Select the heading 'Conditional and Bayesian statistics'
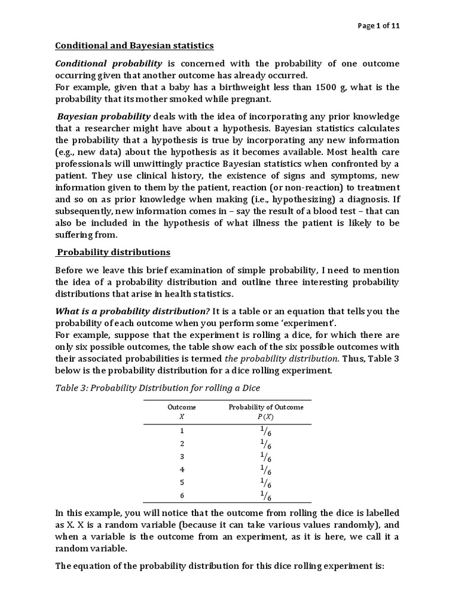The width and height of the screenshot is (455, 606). click(134, 46)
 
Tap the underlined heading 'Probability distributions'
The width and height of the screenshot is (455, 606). click(113, 252)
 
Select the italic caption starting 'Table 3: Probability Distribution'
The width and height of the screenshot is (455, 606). click(158, 388)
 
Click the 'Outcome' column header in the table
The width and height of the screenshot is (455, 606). click(182, 407)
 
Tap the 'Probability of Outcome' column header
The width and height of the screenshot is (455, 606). click(266, 407)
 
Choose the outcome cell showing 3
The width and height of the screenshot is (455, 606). click(182, 456)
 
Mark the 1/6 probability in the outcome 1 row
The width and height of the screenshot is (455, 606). click(266, 430)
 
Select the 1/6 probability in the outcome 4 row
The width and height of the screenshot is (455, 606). click(266, 470)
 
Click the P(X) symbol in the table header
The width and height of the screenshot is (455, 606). click(266, 416)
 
